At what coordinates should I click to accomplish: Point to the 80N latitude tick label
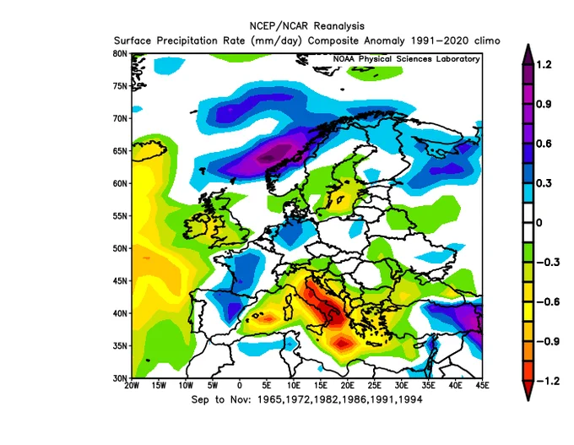(120, 53)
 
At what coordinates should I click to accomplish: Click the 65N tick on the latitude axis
(120, 151)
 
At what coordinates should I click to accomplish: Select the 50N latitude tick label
(120, 248)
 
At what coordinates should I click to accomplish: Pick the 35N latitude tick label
(120, 346)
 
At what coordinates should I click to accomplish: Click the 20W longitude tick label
(133, 387)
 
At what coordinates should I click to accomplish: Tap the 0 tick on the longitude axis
(240, 387)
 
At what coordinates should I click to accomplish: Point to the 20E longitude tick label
(349, 387)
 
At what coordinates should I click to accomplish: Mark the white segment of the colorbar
(526, 223)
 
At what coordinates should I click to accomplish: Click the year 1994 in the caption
(409, 400)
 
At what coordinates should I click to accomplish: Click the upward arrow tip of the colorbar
(526, 48)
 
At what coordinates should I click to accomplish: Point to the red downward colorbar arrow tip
(526, 396)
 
